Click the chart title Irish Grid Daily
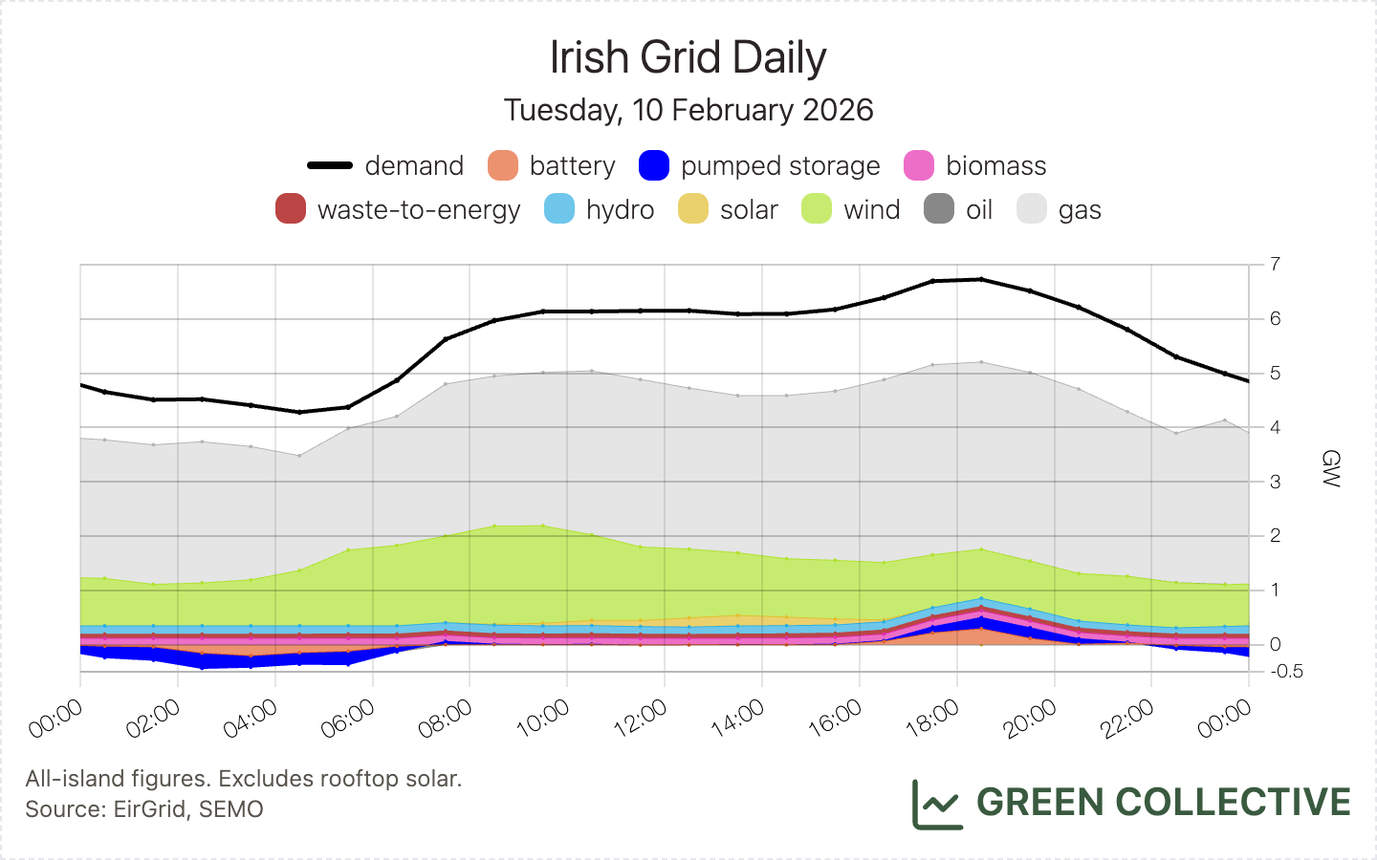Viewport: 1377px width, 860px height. pyautogui.click(x=688, y=58)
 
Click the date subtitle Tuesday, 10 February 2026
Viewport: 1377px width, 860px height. pyautogui.click(x=688, y=110)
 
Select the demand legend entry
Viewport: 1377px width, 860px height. pyautogui.click(x=385, y=165)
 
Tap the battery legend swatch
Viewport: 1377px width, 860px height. pyautogui.click(x=503, y=165)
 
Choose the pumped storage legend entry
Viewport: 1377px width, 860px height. pyautogui.click(x=759, y=165)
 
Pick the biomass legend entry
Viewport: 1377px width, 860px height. pyautogui.click(x=975, y=165)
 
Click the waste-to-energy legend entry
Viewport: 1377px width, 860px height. pyautogui.click(x=398, y=209)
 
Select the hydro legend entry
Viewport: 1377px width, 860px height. pyautogui.click(x=600, y=209)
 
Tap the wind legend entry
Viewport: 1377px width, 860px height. pyautogui.click(x=851, y=209)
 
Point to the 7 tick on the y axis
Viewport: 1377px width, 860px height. pyautogui.click(x=1275, y=264)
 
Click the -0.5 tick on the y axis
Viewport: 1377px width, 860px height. pyautogui.click(x=1287, y=672)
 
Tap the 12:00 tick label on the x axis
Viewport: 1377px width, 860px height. pyautogui.click(x=641, y=719)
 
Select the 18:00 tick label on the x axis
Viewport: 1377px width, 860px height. pyautogui.click(x=933, y=719)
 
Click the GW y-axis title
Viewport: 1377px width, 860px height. pyautogui.click(x=1330, y=468)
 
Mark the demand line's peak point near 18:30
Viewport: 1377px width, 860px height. pyautogui.click(x=981, y=279)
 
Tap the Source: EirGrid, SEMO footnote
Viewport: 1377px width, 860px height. pyautogui.click(x=144, y=809)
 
